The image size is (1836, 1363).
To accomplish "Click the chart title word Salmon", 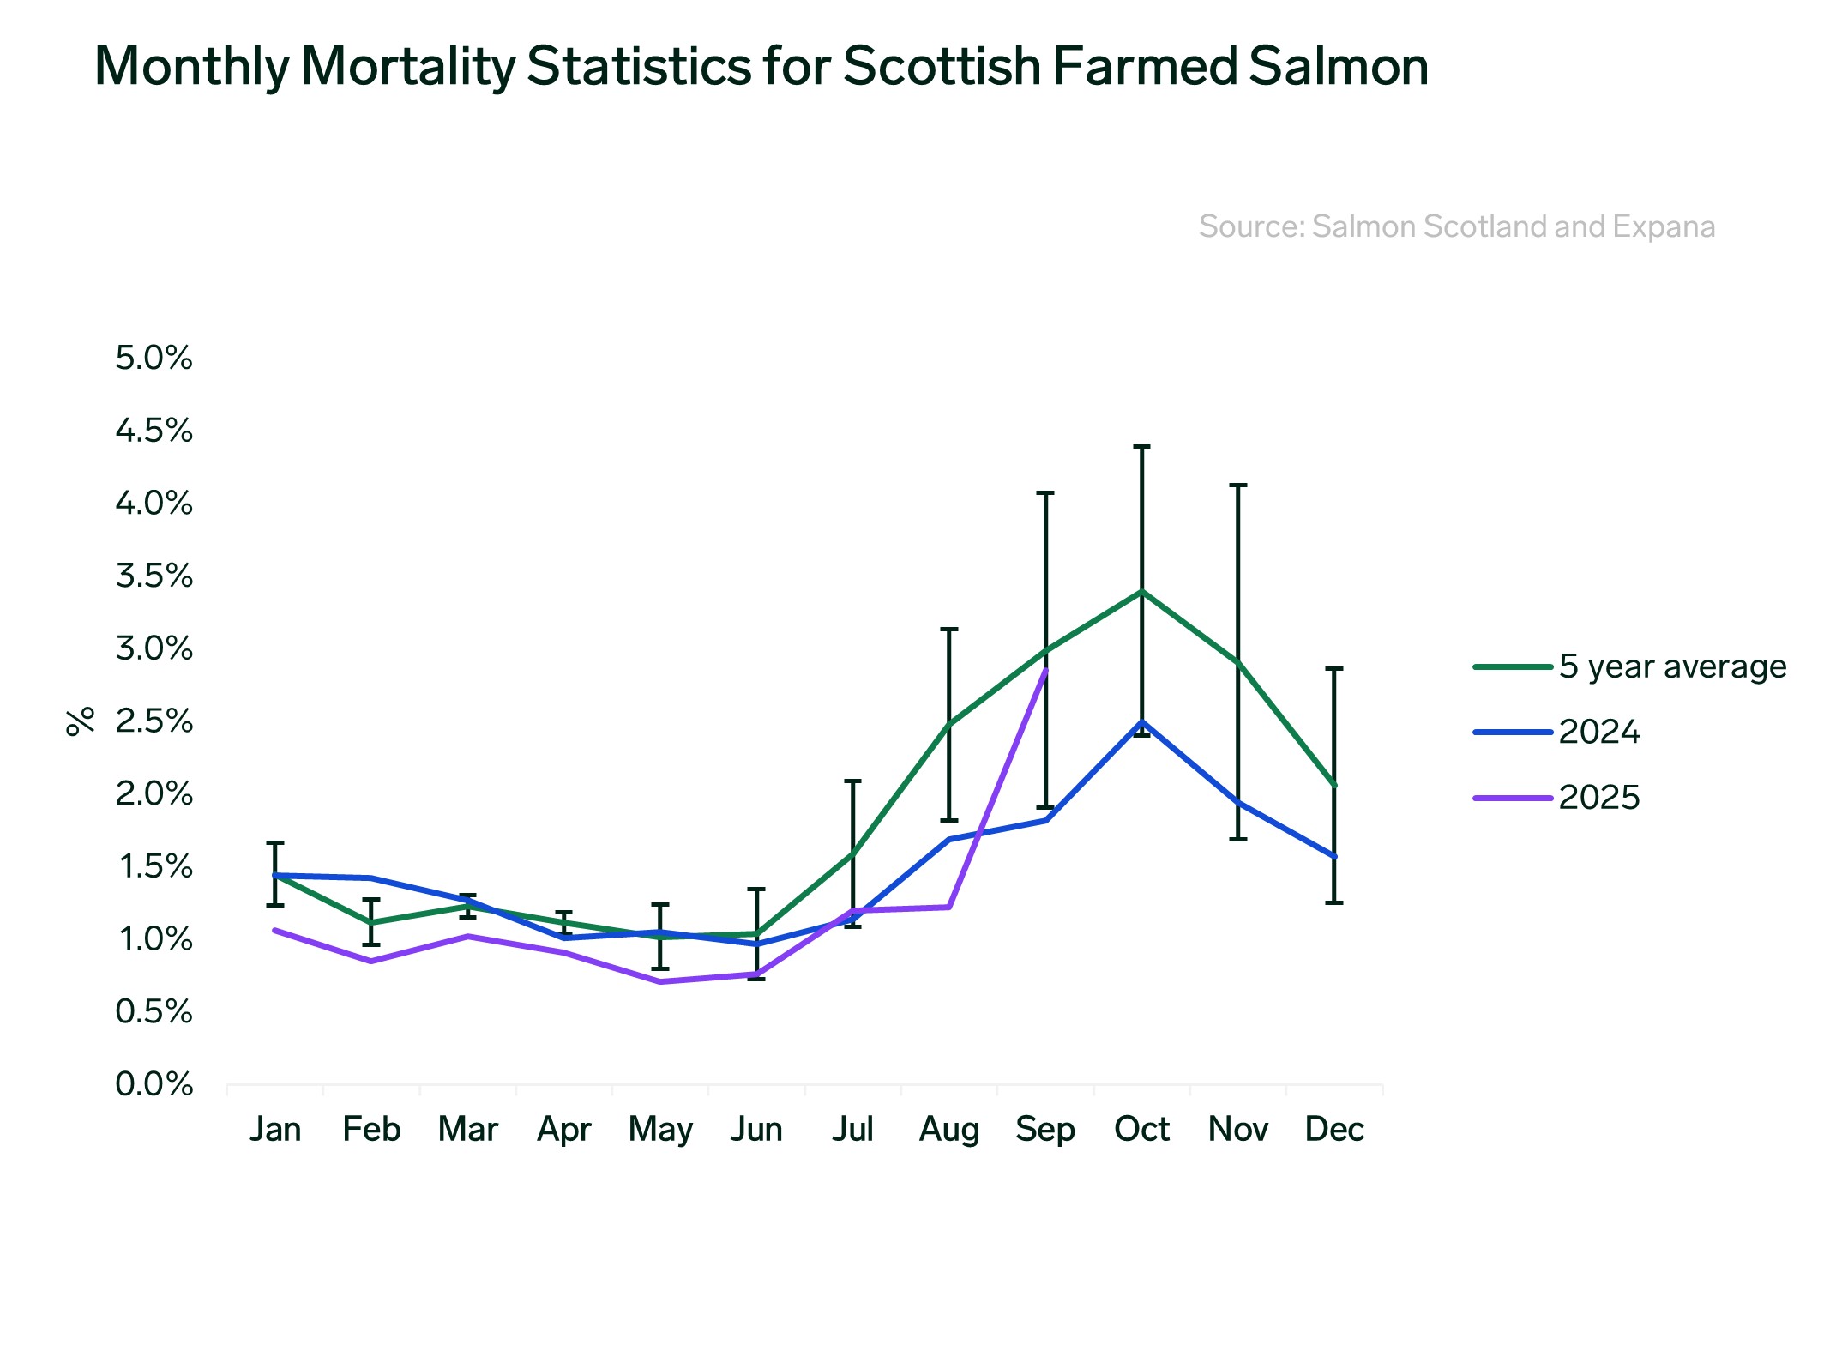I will (x=1338, y=66).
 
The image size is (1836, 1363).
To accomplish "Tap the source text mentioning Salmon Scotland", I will (x=1456, y=226).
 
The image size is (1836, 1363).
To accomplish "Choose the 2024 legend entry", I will (x=1598, y=733).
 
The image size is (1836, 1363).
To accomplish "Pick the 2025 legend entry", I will (x=1598, y=798).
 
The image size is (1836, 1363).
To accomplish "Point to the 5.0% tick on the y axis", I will (x=154, y=358).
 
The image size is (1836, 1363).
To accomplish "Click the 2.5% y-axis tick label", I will (x=154, y=721).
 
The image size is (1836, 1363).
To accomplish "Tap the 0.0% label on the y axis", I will (x=154, y=1084).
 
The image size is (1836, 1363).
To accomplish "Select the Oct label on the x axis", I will (x=1141, y=1129).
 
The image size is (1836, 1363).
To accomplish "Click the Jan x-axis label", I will (x=274, y=1129).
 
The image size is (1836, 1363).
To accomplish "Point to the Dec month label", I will (x=1334, y=1129).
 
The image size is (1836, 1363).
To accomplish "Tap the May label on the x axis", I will (x=660, y=1129).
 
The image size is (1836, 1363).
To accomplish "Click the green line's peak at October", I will (x=1141, y=592).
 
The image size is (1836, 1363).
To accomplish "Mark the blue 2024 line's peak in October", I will (x=1141, y=721).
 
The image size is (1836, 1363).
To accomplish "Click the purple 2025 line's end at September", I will (x=1045, y=671).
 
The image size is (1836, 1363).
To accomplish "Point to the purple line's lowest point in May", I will (x=660, y=981).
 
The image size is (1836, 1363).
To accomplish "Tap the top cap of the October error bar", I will (x=1141, y=447).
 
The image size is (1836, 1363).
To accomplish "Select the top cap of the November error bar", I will (x=1237, y=485).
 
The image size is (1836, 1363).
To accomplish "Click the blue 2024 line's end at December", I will (x=1334, y=856).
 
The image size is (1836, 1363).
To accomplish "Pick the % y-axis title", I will (x=80, y=721).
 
